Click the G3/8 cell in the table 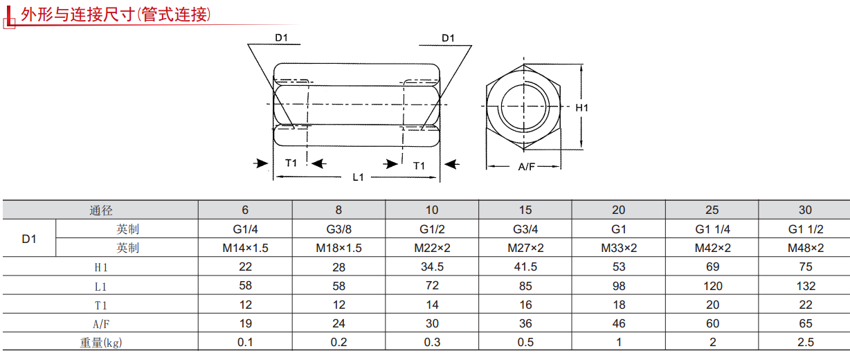(338, 229)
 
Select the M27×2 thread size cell (525, 248)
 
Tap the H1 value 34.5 (432, 267)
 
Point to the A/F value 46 (619, 323)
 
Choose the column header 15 (525, 210)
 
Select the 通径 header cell (100, 210)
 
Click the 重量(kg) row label (100, 342)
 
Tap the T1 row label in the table (100, 305)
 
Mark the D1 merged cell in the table (29, 239)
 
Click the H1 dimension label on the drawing (581, 107)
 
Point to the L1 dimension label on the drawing (358, 177)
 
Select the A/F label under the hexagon (526, 166)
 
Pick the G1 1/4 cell (712, 229)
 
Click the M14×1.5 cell (245, 248)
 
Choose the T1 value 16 (525, 305)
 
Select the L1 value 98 (619, 286)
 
